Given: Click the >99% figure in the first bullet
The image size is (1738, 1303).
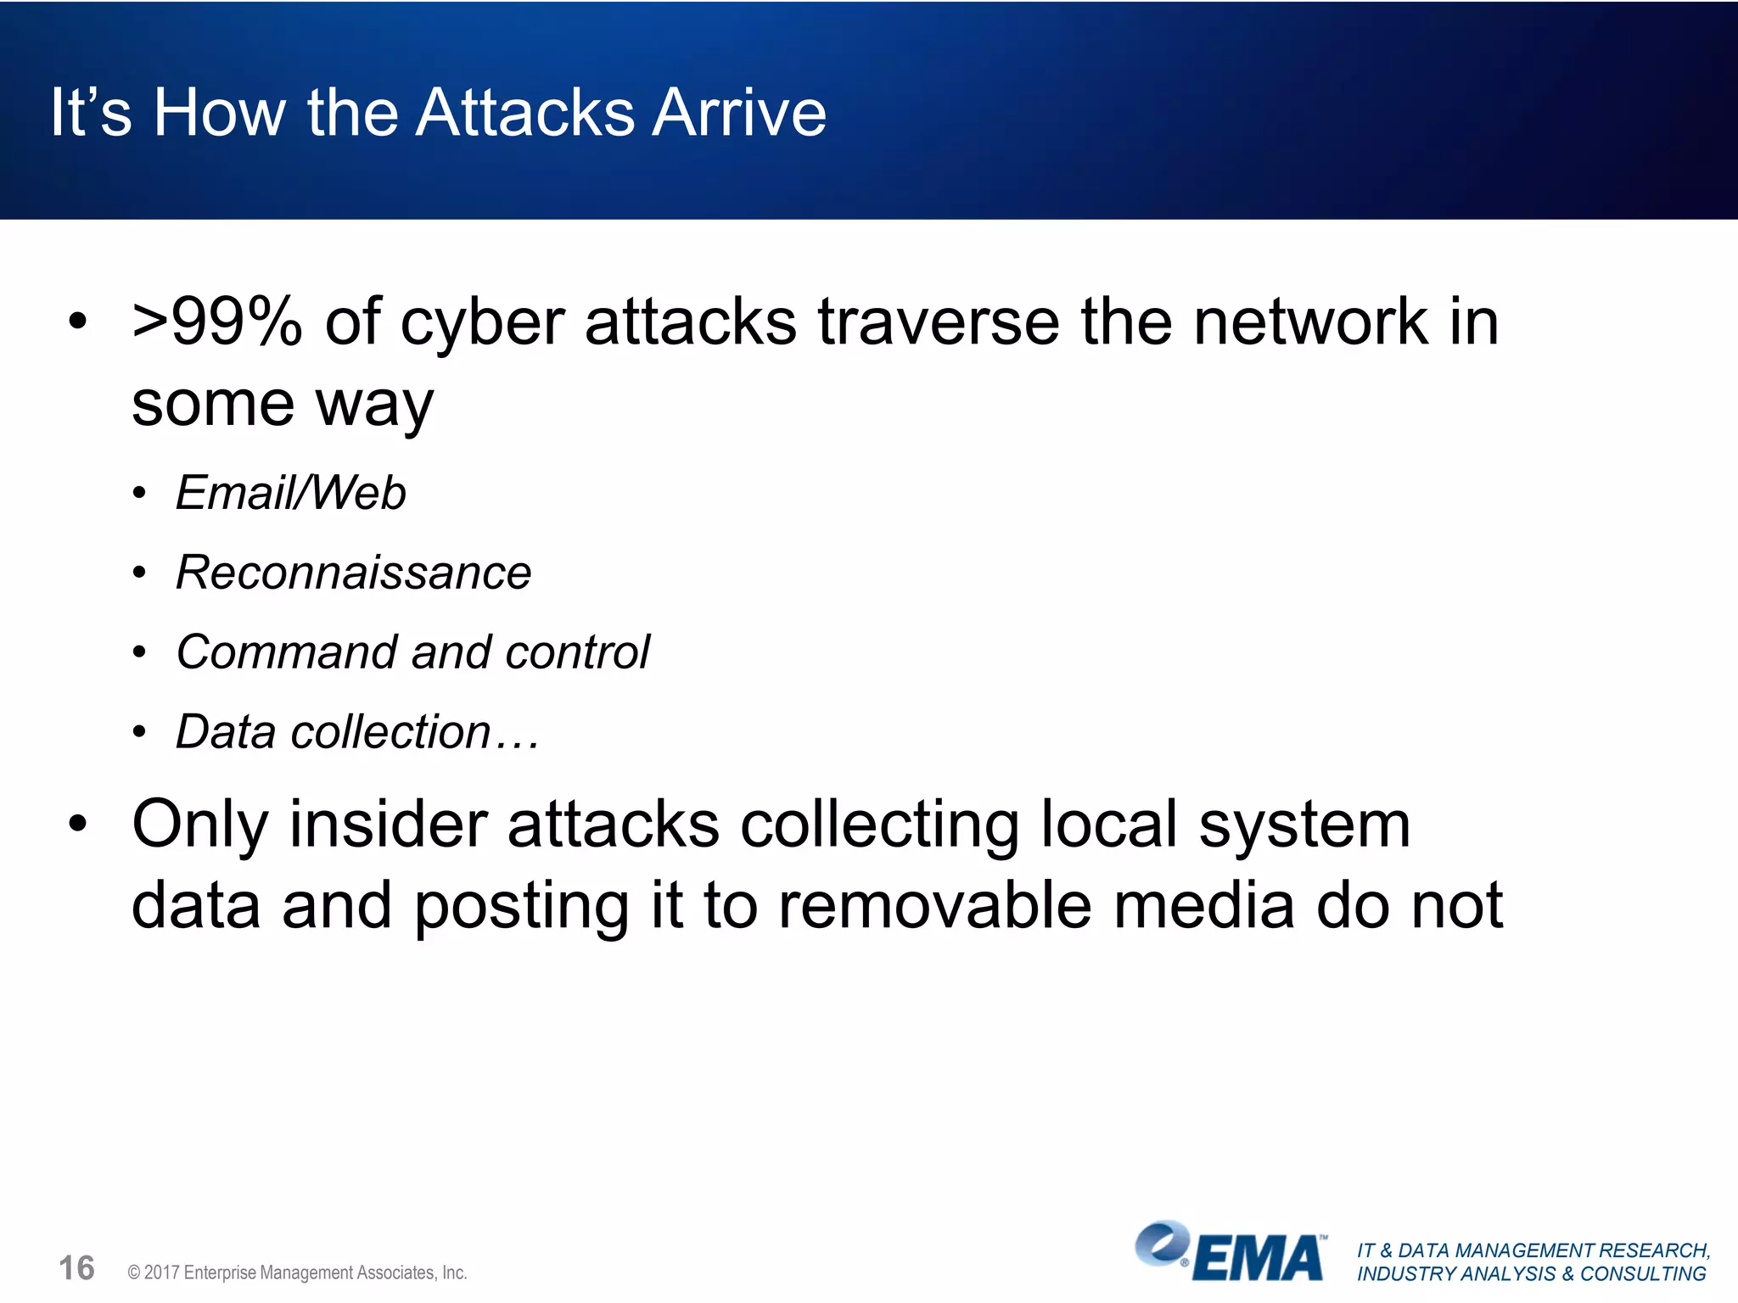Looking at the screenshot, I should point(217,322).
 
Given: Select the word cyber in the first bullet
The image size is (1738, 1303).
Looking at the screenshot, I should point(482,324).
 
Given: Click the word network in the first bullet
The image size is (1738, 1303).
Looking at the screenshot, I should point(1311,322).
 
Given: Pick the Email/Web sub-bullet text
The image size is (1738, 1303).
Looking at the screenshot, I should point(291,493).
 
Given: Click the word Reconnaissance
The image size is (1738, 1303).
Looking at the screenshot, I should point(353,573).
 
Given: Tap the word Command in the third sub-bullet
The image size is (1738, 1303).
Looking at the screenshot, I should point(285,652).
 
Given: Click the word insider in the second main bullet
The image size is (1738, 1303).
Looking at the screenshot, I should point(388,825).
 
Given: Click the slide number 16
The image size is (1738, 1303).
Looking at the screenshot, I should point(76,1269).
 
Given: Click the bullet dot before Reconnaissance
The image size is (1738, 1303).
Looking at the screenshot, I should point(140,573).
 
